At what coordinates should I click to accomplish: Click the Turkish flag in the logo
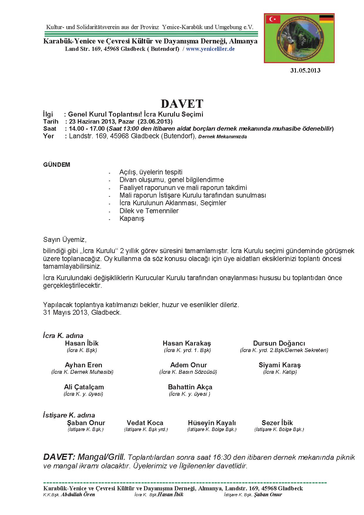[x=273, y=19]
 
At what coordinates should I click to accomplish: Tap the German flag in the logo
[x=326, y=19]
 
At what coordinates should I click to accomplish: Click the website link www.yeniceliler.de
[x=210, y=49]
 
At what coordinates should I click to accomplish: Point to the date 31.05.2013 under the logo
[x=305, y=70]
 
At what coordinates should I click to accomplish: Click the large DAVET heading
[x=182, y=104]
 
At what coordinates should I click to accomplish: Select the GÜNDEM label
[x=57, y=165]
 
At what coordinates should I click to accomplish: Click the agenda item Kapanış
[x=132, y=218]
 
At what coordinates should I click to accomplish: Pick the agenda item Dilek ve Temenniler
[x=149, y=211]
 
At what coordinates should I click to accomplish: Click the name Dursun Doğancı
[x=279, y=343]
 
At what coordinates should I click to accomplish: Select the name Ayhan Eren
[x=83, y=365]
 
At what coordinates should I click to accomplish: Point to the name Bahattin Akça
[x=190, y=387]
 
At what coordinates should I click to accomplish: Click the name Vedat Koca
[x=145, y=423]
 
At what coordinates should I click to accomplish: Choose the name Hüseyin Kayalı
[x=212, y=423]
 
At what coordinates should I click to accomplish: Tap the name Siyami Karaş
[x=279, y=365]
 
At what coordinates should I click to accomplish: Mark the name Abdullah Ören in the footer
[x=78, y=494]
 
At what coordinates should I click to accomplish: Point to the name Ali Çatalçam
[x=84, y=387]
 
